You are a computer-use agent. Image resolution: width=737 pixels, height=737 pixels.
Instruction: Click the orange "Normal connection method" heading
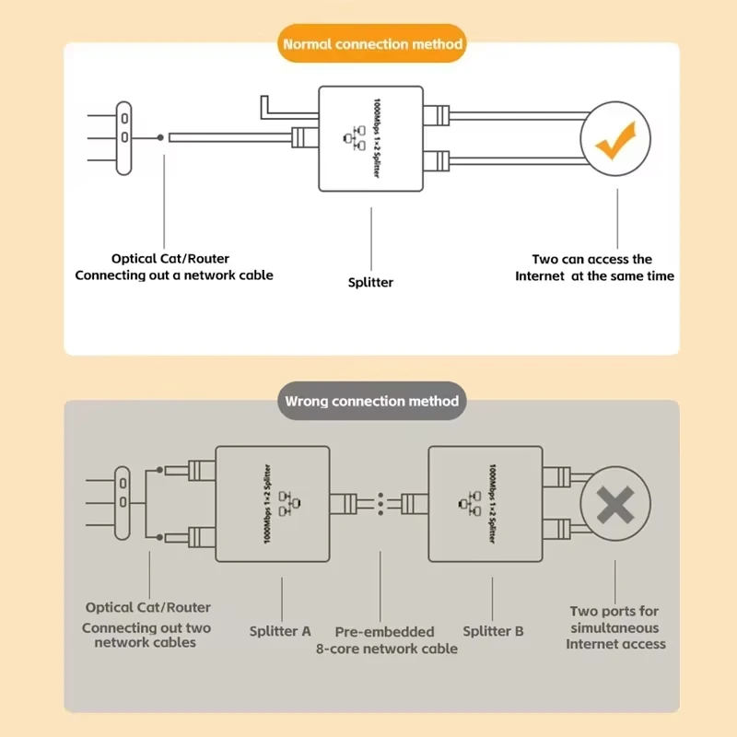pos(372,43)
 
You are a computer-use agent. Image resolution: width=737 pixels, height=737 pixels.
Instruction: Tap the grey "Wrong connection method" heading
pos(371,401)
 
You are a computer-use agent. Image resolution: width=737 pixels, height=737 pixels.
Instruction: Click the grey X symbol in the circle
pos(614,504)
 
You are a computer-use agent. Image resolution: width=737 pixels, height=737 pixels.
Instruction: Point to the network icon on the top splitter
pos(352,138)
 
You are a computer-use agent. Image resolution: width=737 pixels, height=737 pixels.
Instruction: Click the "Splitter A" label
pos(280,631)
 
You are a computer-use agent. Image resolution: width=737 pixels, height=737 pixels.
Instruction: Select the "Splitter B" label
pos(493,631)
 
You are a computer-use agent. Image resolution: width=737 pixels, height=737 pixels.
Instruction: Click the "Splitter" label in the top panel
pos(370,282)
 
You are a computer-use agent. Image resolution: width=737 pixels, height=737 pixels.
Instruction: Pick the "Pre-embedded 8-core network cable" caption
pos(386,639)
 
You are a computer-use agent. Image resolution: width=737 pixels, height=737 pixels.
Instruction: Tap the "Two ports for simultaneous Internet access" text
pos(615,627)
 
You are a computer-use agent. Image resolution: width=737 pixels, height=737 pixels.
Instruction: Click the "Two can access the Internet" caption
pos(594,268)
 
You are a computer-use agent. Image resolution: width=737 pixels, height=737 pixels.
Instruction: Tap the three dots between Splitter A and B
pos(380,503)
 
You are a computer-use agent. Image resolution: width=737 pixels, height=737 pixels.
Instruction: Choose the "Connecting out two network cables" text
pos(146,635)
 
